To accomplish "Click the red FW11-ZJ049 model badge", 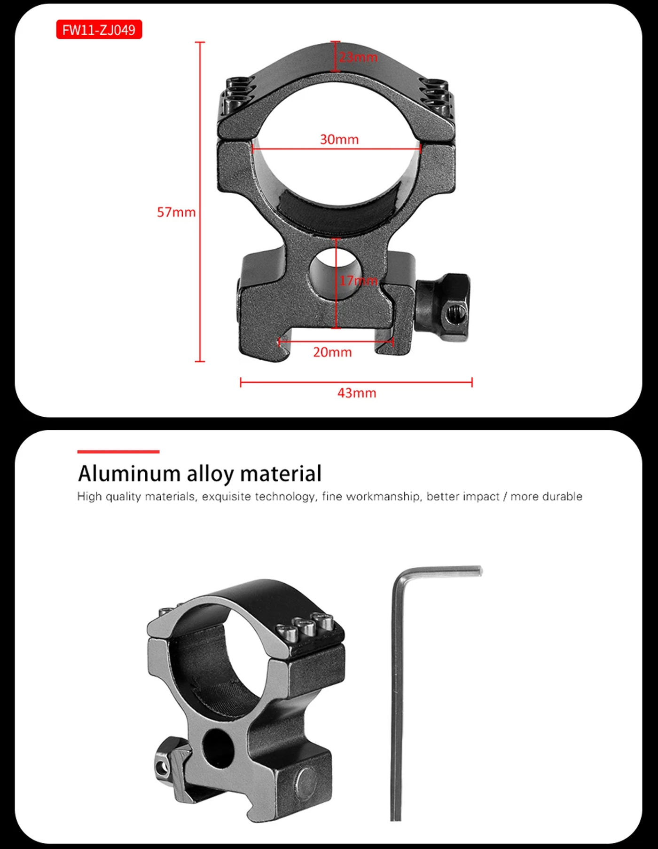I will click(99, 30).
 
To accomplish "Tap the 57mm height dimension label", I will click(176, 212).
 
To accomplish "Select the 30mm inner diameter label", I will click(339, 139).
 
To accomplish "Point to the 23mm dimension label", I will click(358, 57).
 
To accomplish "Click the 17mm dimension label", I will click(358, 281).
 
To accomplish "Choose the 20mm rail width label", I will click(332, 352).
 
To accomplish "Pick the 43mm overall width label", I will click(357, 393).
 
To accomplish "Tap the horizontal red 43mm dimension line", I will click(356, 382).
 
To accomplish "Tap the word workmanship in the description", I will click(383, 497).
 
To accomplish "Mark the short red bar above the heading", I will click(118, 452).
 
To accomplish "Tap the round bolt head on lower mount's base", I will click(306, 781).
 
